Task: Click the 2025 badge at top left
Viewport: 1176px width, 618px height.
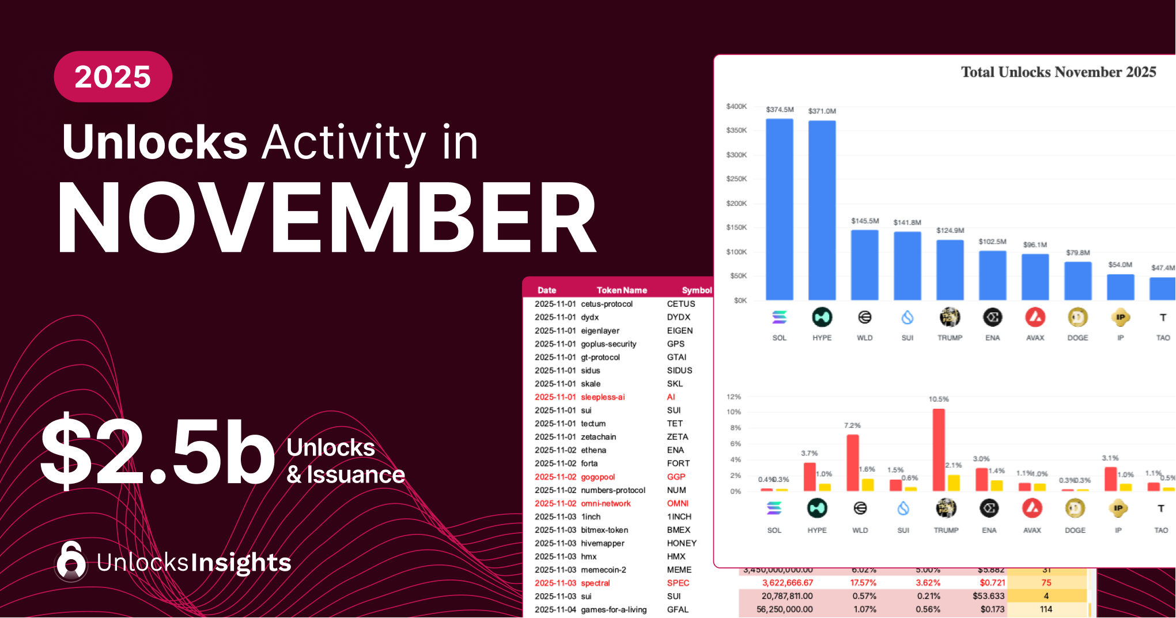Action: (113, 77)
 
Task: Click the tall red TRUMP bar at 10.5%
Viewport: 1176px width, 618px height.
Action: (939, 450)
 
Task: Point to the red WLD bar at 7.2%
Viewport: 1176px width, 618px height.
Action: (853, 462)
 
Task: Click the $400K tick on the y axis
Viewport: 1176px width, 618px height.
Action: (736, 107)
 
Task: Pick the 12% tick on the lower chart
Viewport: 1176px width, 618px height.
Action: (733, 397)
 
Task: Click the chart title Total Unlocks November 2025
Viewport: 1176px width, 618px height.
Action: (1058, 72)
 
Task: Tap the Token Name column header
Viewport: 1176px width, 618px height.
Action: (622, 290)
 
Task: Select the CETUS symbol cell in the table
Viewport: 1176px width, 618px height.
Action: (681, 304)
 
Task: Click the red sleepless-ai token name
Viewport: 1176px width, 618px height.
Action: (603, 397)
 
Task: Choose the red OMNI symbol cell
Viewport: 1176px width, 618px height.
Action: (678, 503)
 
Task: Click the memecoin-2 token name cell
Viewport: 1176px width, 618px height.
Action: (603, 570)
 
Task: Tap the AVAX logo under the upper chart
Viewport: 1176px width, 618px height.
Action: (1035, 317)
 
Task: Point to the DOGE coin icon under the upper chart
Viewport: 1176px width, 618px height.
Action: (1077, 317)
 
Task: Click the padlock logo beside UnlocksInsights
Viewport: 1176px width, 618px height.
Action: (71, 561)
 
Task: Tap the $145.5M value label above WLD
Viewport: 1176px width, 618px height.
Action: (865, 221)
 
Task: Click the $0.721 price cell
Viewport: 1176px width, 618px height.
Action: (992, 583)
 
